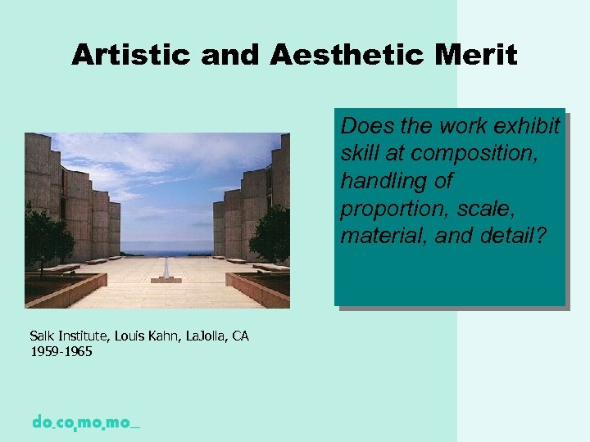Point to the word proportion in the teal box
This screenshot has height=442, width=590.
pos(391,209)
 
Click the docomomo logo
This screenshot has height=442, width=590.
pos(85,422)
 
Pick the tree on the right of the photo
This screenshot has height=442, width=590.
pos(271,236)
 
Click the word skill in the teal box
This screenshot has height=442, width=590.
pos(360,154)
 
